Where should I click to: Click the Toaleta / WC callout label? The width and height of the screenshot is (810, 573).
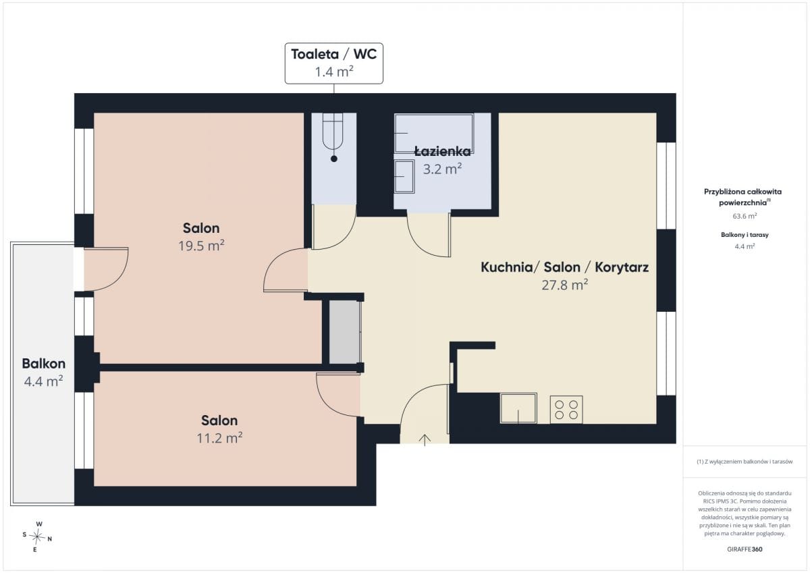[x=333, y=63]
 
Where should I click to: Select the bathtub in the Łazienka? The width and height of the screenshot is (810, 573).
[x=433, y=134]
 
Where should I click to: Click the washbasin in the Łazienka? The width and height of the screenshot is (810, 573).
[x=404, y=176]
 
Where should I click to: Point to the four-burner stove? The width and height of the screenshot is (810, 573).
[x=566, y=409]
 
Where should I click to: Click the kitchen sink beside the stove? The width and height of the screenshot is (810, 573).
[x=518, y=408]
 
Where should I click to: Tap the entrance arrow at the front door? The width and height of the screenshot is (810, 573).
[x=425, y=440]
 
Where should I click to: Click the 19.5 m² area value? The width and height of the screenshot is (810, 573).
[x=201, y=246]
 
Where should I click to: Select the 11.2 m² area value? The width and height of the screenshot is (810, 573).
[x=219, y=438]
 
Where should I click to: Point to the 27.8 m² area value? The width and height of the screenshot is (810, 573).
[x=565, y=285]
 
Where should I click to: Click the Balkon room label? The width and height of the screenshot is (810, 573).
[x=44, y=363]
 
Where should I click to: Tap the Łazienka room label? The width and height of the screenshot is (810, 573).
[x=443, y=151]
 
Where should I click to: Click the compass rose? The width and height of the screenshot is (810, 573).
[x=37, y=537]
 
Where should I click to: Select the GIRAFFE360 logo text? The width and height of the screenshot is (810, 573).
[x=745, y=549]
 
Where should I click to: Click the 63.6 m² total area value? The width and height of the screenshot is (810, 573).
[x=745, y=216]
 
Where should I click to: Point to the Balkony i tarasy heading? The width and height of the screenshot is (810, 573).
[x=745, y=235]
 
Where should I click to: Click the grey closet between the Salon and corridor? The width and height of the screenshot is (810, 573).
[x=344, y=332]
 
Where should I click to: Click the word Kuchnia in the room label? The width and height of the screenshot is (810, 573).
[x=507, y=267]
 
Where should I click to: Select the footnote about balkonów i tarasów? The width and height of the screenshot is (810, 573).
[x=745, y=461]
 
